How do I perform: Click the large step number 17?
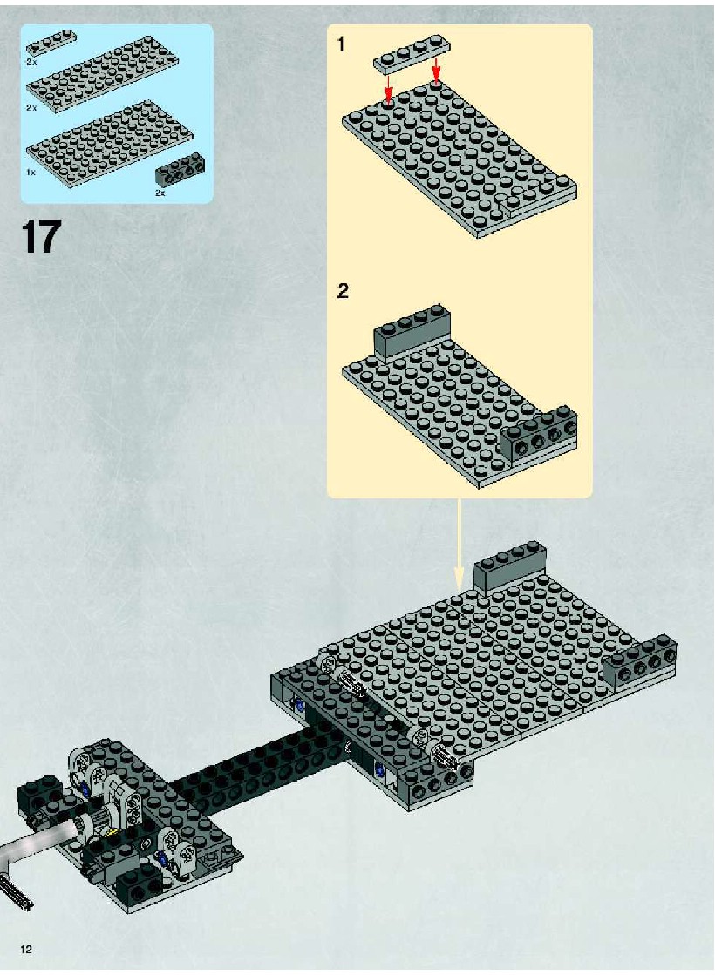click(x=41, y=236)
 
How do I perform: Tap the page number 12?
click(x=26, y=949)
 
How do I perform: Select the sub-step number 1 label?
click(x=341, y=44)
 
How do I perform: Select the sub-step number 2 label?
click(x=343, y=290)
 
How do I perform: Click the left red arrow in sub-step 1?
click(x=388, y=88)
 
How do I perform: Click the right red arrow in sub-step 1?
click(x=437, y=71)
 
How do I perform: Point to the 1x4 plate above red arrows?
click(x=412, y=54)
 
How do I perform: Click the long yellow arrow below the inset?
click(x=460, y=544)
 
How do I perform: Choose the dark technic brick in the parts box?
click(x=180, y=168)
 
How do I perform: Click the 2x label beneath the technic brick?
click(x=160, y=193)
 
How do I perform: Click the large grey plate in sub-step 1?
click(x=460, y=159)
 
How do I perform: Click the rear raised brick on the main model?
click(x=510, y=566)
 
